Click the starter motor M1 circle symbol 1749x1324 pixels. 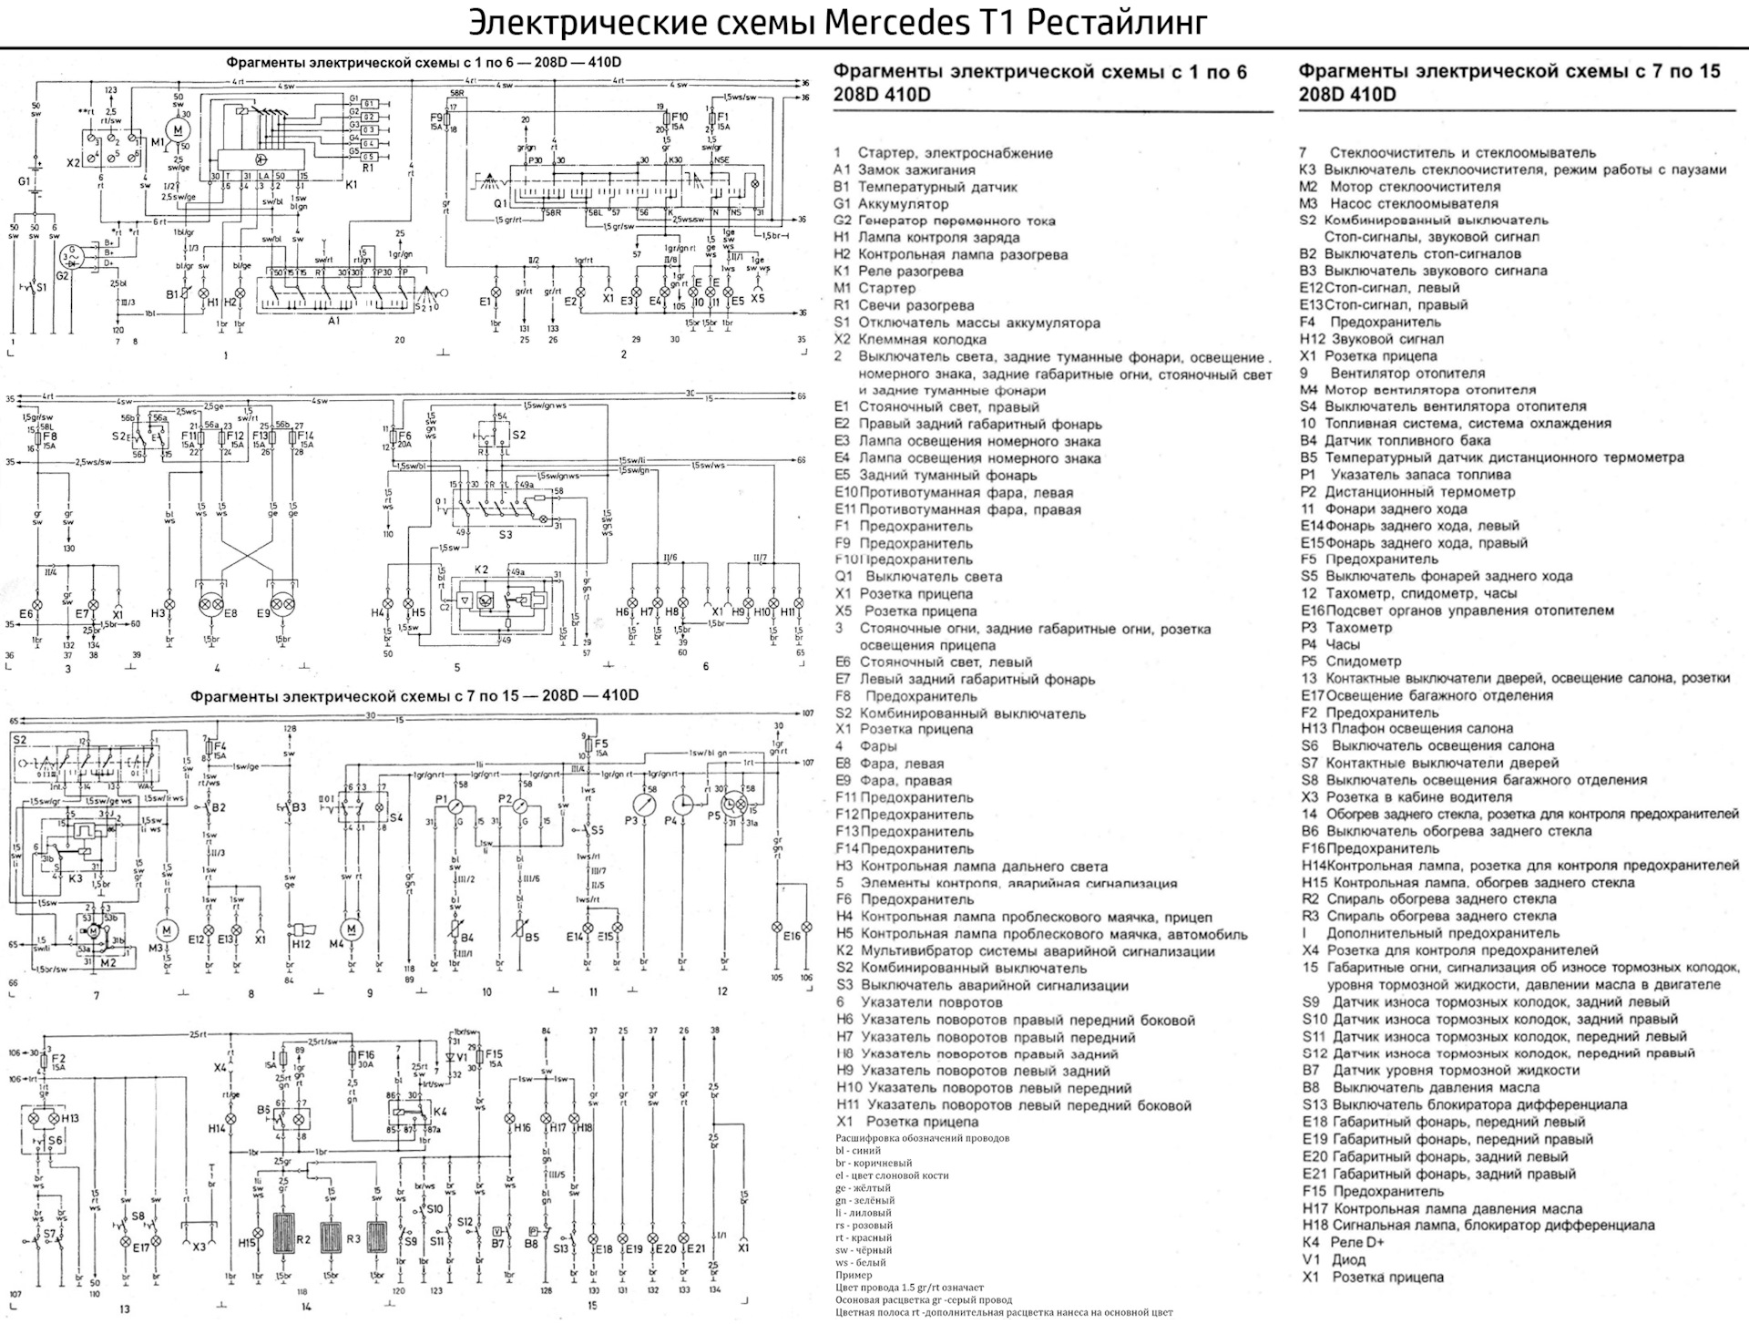[179, 131]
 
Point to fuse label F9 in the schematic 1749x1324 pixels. [436, 118]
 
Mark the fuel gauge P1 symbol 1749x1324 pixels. [454, 806]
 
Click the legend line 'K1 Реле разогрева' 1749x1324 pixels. [898, 272]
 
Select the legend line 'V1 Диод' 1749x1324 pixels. [1334, 1260]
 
